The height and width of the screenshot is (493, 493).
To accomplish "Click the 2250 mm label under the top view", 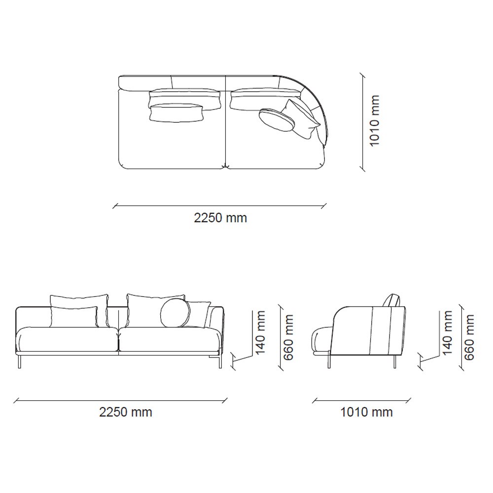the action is point(220,218).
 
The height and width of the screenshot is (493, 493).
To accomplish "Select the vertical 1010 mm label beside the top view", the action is point(375,121).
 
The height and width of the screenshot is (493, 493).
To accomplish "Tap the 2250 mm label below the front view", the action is point(126,412).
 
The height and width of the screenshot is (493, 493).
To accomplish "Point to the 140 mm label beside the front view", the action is point(261,332).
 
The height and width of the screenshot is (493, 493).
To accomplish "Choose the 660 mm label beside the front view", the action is point(288,337).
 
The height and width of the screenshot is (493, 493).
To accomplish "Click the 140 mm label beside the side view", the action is point(447,332).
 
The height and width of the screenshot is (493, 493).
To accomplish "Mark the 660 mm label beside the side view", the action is point(469,337).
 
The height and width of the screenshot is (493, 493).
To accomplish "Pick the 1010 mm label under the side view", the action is point(367,412).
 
